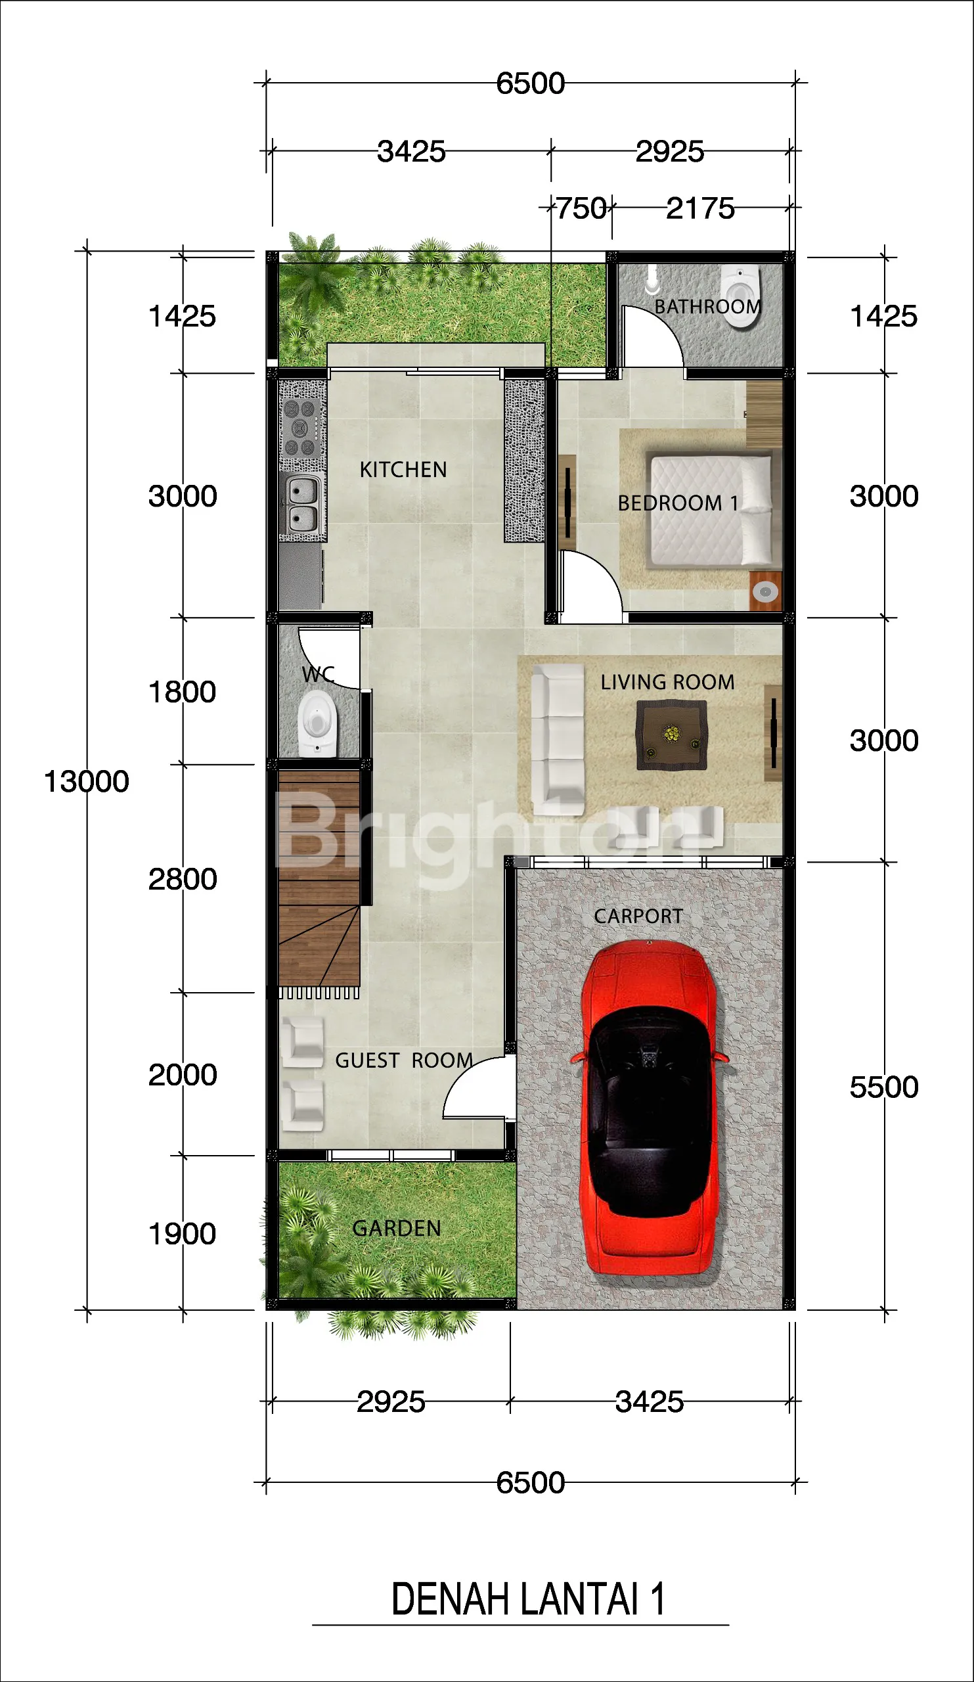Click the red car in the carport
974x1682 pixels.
point(650,1108)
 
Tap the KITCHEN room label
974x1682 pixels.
point(403,470)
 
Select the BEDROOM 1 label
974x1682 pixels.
point(678,503)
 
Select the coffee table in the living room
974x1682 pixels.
point(671,735)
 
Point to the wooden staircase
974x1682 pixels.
point(319,878)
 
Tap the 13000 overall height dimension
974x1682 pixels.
point(86,782)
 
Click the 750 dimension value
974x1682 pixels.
point(582,208)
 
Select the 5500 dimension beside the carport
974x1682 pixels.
point(884,1087)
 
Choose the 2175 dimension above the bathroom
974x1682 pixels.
point(701,208)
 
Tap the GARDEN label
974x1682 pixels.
point(397,1229)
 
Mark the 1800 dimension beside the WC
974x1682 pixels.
point(182,692)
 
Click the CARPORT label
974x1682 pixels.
point(638,917)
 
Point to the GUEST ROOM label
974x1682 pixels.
point(405,1060)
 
